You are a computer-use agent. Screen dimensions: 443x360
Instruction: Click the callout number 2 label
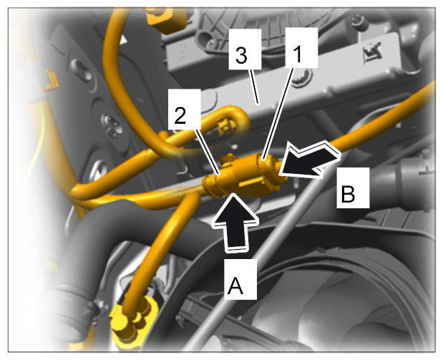184,110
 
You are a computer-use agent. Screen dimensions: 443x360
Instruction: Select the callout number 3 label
245,49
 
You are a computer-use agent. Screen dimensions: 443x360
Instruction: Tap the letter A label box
240,279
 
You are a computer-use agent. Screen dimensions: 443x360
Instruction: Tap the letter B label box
353,188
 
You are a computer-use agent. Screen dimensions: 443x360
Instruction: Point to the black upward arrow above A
235,222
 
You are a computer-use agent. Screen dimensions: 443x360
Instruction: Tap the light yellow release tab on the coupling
253,183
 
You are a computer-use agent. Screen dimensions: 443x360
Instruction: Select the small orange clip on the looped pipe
227,127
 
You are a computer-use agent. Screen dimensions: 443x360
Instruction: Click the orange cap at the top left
168,20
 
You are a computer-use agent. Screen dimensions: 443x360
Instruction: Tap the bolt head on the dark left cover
112,125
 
